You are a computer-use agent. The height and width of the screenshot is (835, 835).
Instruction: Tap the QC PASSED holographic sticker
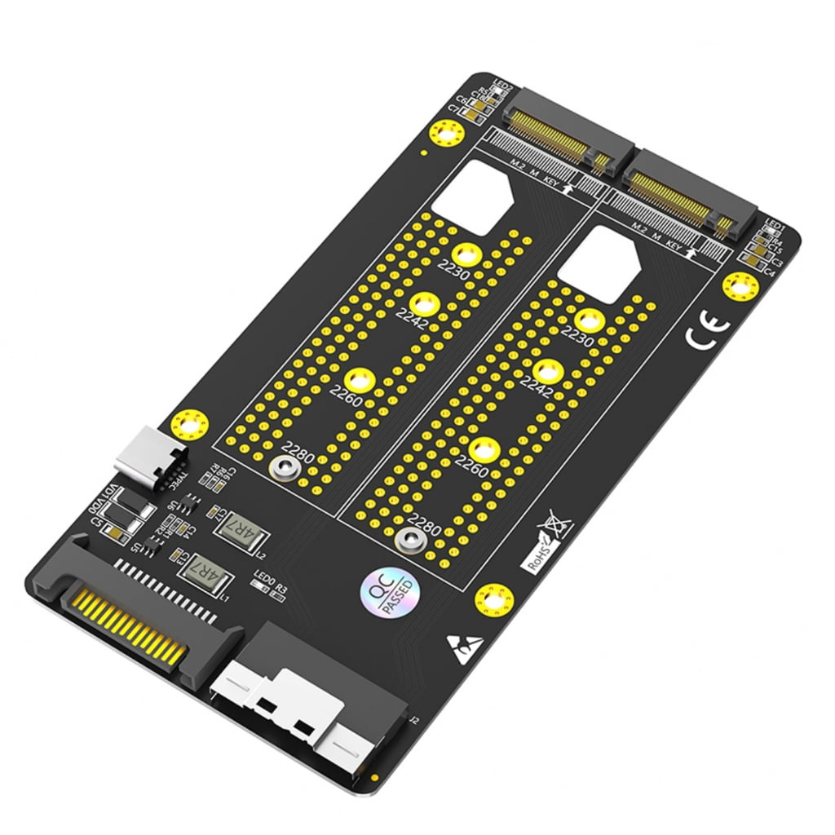[x=388, y=589]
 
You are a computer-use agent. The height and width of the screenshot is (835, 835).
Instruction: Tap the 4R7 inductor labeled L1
[x=204, y=577]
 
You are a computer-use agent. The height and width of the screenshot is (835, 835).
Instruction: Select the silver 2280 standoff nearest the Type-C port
[x=285, y=469]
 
